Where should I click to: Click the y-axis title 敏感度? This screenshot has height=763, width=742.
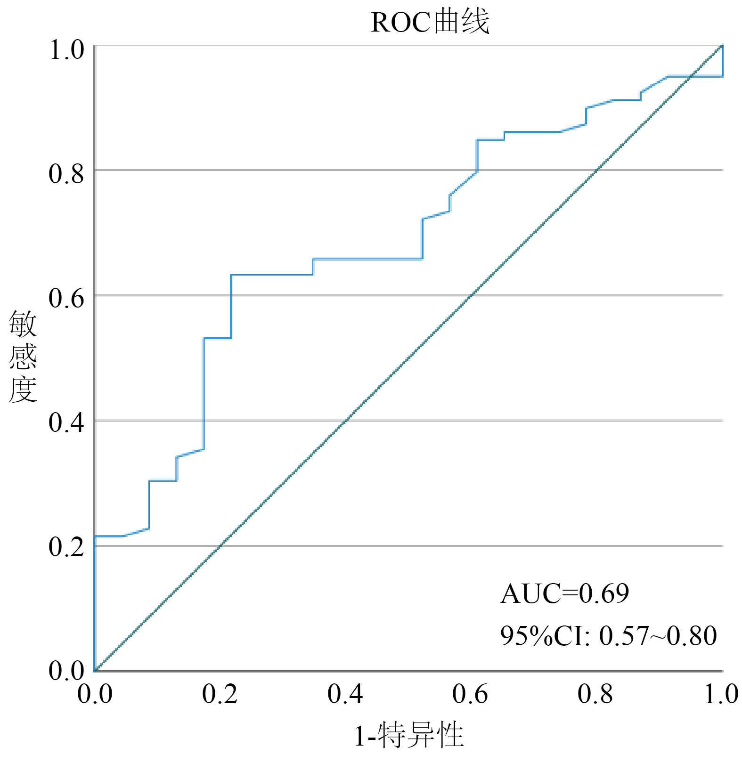[x=23, y=357]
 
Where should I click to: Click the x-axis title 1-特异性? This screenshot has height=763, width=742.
[x=409, y=736]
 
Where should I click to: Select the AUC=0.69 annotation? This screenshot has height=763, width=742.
[x=564, y=593]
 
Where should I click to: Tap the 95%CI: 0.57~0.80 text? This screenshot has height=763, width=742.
[x=608, y=636]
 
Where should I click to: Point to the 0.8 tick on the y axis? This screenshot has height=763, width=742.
[x=66, y=173]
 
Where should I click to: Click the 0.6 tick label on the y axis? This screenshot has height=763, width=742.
[x=66, y=298]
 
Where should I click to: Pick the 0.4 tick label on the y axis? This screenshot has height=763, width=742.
[x=66, y=422]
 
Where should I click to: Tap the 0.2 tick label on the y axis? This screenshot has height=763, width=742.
[x=66, y=547]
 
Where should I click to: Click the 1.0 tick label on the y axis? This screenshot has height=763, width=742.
[x=66, y=49]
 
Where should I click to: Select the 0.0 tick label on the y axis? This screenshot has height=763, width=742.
[x=66, y=670]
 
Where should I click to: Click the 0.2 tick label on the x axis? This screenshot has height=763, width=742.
[x=220, y=694]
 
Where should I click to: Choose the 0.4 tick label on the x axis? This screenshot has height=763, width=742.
[x=345, y=694]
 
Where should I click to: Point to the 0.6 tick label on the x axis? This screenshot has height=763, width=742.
[x=470, y=694]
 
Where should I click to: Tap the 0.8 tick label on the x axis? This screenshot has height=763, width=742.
[x=595, y=694]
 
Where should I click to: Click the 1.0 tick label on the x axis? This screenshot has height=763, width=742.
[x=721, y=694]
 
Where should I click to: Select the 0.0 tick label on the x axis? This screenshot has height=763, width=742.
[x=95, y=694]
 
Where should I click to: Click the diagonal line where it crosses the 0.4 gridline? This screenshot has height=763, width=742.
[x=346, y=421]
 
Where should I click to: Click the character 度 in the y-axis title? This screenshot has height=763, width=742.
[x=23, y=390]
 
